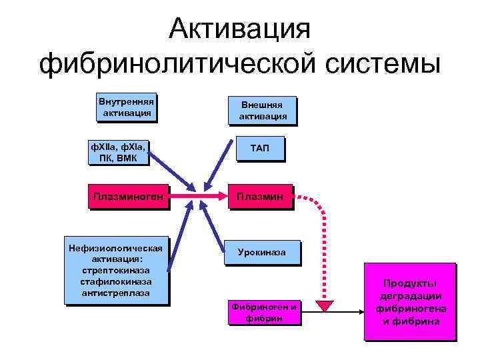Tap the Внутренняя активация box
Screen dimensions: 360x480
point(126,108)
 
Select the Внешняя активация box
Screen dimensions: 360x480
point(263,111)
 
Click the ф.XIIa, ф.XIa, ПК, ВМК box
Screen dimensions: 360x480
point(118,151)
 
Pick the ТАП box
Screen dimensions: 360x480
point(259,147)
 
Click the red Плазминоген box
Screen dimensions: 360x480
point(128,196)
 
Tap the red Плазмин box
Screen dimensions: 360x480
point(261,196)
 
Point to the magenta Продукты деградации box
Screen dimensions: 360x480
point(410,301)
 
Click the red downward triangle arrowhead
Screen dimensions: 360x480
point(325,306)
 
